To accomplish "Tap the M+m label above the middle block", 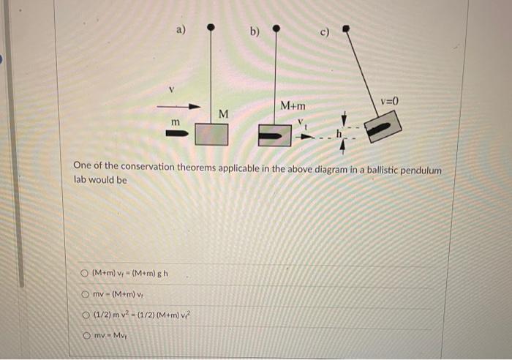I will (293, 108).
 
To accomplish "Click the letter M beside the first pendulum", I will (224, 114).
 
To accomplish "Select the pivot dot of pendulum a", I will (211, 28).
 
